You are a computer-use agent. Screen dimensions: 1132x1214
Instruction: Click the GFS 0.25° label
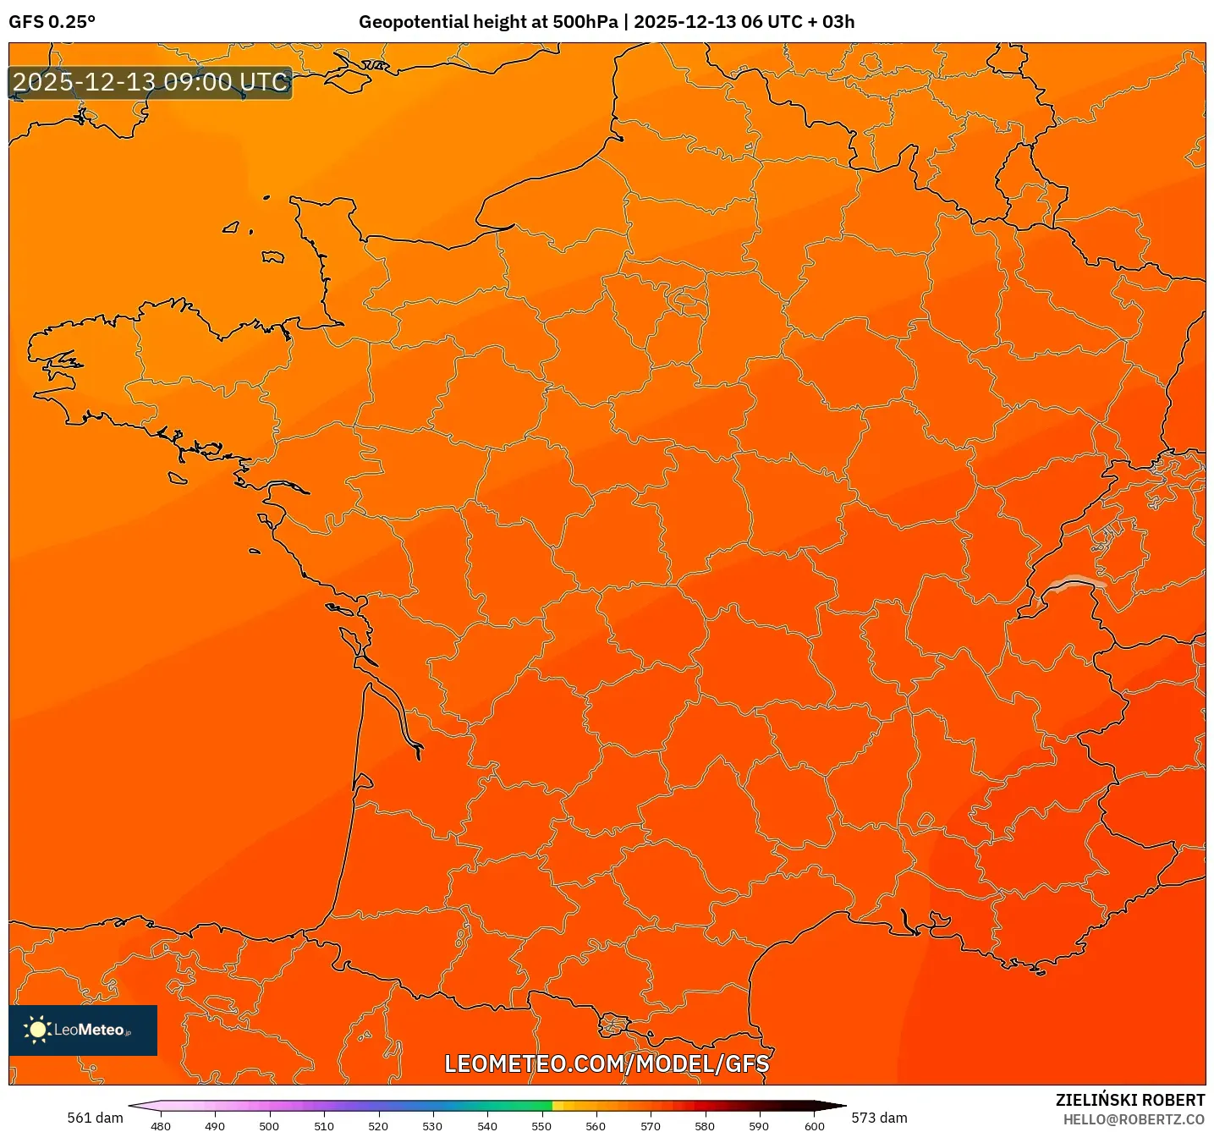tap(52, 22)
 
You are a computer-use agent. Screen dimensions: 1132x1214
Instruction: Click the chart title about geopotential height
tap(606, 22)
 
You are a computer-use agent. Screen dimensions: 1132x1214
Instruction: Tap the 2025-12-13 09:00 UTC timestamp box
tap(151, 83)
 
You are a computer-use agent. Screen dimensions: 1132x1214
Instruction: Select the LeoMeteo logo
tap(83, 1030)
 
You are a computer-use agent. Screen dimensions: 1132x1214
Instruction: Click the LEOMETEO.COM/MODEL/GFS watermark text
tap(607, 1063)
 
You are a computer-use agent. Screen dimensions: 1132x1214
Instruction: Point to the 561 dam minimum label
tap(95, 1118)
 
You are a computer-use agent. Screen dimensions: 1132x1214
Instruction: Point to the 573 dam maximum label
tap(879, 1118)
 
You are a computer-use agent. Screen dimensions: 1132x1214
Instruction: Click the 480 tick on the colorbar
tap(160, 1125)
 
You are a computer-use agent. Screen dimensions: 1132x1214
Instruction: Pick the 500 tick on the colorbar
tap(269, 1125)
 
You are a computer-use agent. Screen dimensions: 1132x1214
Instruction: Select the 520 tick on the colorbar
tap(378, 1125)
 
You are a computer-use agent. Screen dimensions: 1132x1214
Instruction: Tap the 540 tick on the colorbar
tap(487, 1125)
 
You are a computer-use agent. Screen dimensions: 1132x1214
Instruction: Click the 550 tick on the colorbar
tap(541, 1125)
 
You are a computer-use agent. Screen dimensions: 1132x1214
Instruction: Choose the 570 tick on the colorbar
tap(651, 1125)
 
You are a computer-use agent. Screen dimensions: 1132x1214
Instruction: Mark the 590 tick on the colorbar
tap(759, 1125)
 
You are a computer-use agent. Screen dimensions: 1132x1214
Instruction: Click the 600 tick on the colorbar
tap(814, 1125)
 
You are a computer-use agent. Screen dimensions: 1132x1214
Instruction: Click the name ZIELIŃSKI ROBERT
tap(1129, 1100)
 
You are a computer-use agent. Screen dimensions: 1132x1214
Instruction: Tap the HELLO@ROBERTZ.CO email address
tap(1134, 1119)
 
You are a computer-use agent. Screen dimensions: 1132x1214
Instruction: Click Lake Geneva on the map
tap(1072, 583)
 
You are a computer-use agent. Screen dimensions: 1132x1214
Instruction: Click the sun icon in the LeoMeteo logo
tap(38, 1030)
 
